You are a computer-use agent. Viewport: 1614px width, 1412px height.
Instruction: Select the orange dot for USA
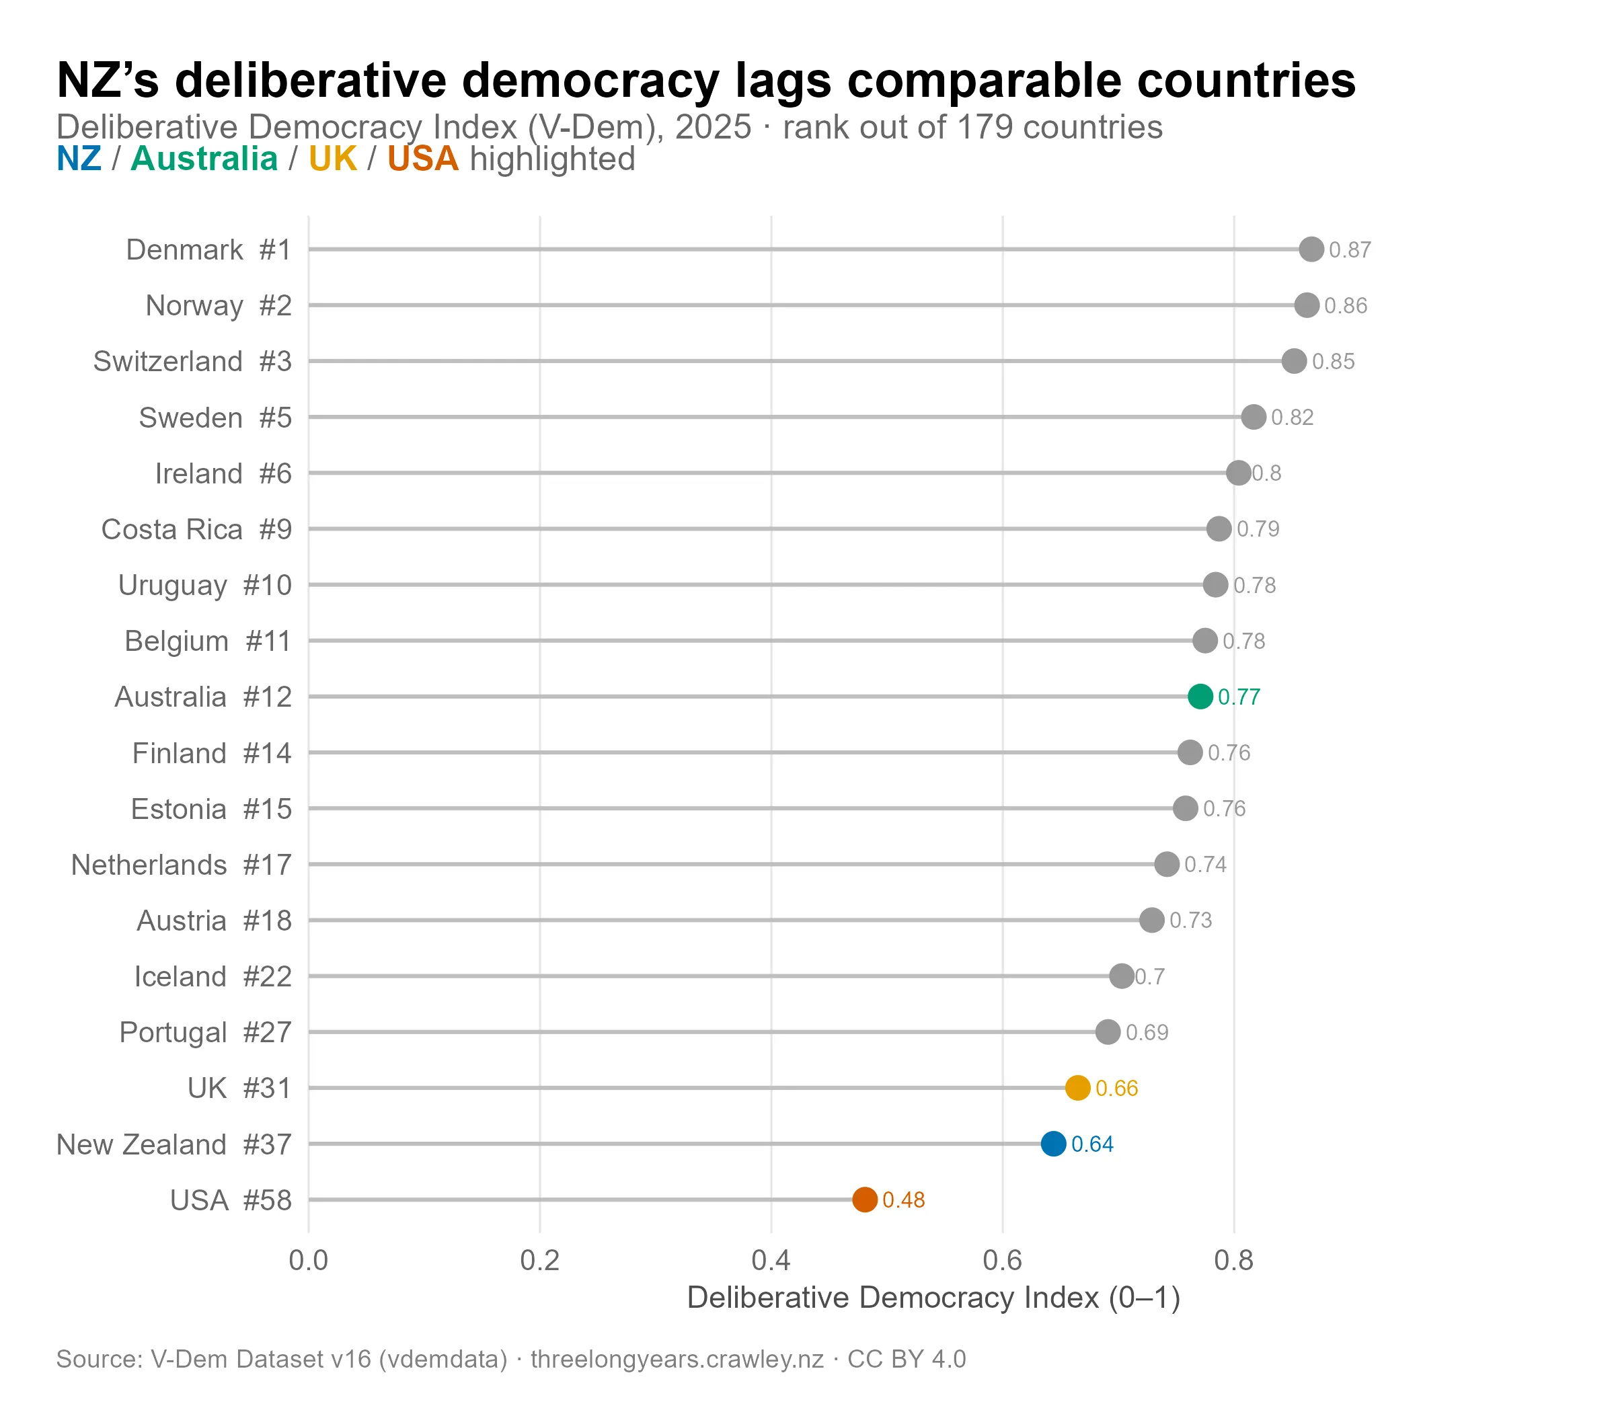point(865,1200)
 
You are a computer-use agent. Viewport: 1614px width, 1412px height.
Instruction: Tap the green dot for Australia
point(1200,697)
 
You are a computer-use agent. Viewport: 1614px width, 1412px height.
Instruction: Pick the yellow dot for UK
point(1077,1087)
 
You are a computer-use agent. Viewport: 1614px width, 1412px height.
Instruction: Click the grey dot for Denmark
point(1311,249)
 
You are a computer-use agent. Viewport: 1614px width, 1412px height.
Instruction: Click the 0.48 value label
point(903,1200)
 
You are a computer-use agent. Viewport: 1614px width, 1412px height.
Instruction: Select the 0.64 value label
point(1092,1144)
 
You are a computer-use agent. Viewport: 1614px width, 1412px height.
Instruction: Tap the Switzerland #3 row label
point(192,362)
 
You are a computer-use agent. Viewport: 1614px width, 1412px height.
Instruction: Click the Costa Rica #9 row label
point(196,530)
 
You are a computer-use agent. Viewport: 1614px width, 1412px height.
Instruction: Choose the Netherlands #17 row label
point(182,865)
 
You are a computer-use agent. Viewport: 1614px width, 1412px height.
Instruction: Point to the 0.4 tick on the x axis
point(771,1261)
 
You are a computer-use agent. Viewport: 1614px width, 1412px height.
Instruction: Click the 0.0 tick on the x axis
point(308,1261)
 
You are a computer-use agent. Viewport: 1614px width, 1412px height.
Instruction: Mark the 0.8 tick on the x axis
point(1233,1261)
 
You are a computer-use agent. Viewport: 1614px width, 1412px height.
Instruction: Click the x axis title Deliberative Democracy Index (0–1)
point(933,1298)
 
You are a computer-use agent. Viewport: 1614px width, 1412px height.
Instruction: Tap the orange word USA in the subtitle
point(422,159)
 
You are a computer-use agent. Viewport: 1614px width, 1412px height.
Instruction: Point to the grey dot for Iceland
point(1122,976)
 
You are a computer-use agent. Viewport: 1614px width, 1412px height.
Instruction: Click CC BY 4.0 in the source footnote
point(907,1359)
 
